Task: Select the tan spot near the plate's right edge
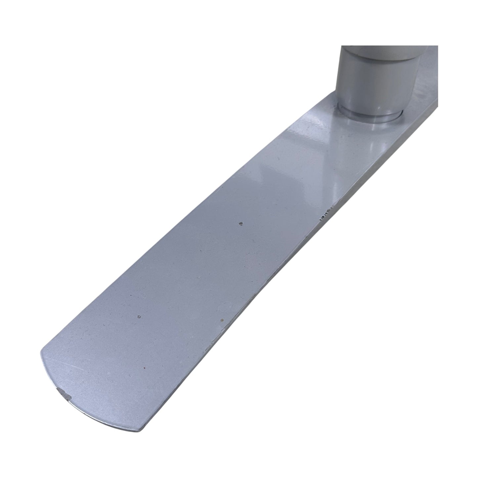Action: (x=222, y=320)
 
